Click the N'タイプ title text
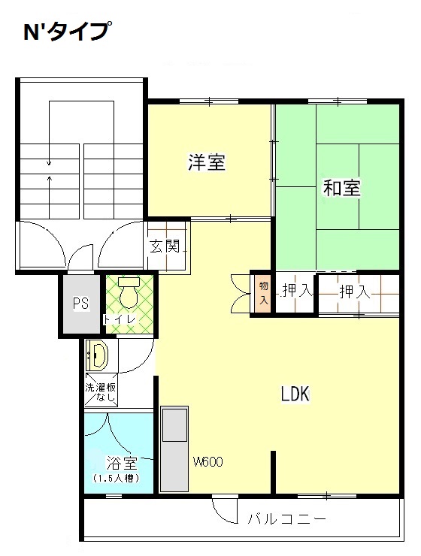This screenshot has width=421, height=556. point(65,32)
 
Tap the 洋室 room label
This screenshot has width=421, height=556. point(207,162)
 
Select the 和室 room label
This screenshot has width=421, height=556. point(341,188)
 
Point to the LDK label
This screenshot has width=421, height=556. point(295,393)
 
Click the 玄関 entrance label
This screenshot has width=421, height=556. point(165,246)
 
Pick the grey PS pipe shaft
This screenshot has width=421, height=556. point(82,304)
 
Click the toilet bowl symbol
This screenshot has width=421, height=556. point(129,292)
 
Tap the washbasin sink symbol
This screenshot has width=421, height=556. point(97,355)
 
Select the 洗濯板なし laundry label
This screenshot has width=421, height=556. point(101,391)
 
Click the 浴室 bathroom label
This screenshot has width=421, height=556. point(122,463)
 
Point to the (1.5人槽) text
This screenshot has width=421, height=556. point(117,478)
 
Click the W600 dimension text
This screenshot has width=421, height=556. point(207,461)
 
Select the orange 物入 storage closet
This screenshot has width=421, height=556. point(263,293)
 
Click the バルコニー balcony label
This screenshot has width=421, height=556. point(286,519)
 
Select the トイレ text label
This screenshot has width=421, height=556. point(120,319)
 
